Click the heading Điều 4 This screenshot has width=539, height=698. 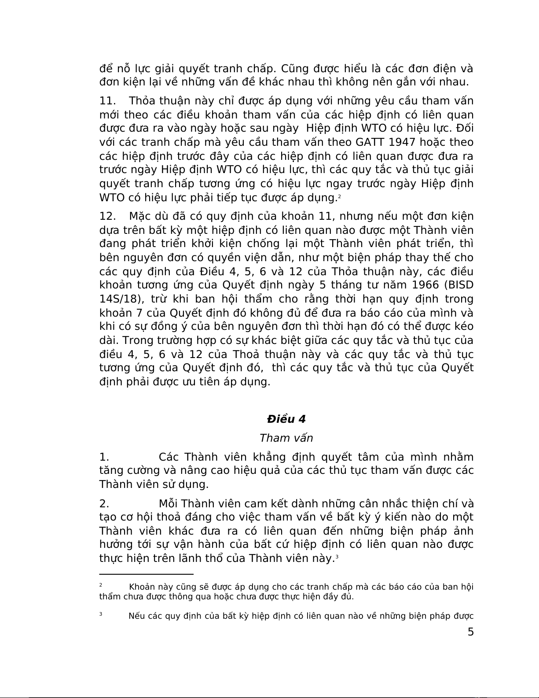(286, 419)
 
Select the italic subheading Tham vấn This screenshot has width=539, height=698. (286, 438)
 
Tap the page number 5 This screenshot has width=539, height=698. (470, 632)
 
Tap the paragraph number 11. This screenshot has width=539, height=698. (107, 101)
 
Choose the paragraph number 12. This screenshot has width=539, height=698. (107, 216)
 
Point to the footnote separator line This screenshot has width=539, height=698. (147, 574)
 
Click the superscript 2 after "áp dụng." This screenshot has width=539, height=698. (339, 196)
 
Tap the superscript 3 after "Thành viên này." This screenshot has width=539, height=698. (337, 556)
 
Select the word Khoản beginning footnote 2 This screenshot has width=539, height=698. (142, 587)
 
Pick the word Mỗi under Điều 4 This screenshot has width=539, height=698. (169, 503)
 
